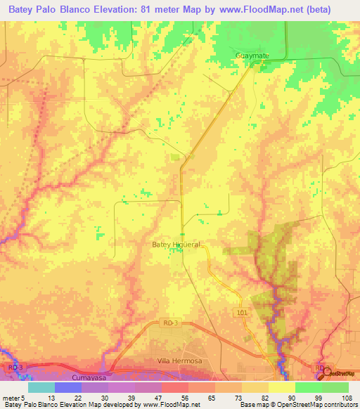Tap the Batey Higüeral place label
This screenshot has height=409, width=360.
176,245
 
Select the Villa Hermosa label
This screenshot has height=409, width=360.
179,361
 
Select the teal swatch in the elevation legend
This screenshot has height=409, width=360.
41,387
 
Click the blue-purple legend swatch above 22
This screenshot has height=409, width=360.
67,387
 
